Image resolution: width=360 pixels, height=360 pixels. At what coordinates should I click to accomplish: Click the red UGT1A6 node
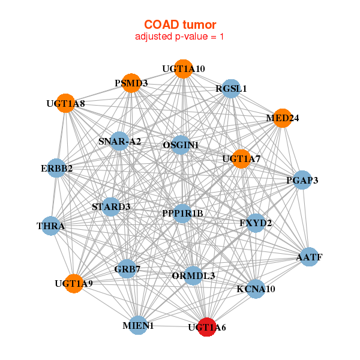point(207,327)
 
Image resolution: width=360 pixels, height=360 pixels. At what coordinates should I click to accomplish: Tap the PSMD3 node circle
point(131,83)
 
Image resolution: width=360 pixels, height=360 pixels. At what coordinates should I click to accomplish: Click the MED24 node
point(282,118)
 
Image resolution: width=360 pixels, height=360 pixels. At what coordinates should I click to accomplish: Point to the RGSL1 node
point(231,89)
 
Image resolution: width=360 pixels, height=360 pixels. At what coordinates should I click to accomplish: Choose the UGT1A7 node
point(241,159)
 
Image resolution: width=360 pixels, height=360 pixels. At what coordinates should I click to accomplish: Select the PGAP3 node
point(302,179)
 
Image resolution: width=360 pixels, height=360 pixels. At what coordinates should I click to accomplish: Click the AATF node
point(309,257)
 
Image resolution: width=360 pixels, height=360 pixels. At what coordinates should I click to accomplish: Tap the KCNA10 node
point(256,289)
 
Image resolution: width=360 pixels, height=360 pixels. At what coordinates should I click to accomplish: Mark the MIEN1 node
point(139,325)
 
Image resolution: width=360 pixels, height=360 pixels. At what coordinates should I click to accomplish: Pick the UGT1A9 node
point(74,283)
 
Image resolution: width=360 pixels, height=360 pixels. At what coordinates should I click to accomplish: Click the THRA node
point(51,226)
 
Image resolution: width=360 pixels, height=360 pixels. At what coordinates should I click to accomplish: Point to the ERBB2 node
point(57,169)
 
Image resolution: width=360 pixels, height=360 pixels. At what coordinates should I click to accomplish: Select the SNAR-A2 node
point(120,142)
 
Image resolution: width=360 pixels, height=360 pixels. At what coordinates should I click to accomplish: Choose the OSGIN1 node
point(181,145)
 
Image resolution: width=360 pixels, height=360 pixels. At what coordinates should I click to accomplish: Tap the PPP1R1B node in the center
point(182,213)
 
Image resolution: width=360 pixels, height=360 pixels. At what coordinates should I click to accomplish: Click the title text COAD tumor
point(180,25)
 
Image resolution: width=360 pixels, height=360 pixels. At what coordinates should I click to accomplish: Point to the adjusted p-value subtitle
point(180,37)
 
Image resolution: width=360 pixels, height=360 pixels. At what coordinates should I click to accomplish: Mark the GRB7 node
point(127,269)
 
